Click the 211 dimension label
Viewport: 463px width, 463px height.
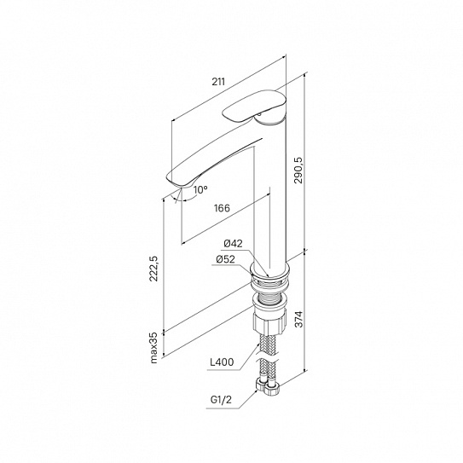click(218, 82)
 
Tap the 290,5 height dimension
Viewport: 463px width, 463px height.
click(298, 170)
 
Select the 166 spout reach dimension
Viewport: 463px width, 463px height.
click(222, 208)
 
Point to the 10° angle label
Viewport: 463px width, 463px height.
click(200, 190)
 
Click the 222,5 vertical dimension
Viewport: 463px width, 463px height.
click(154, 269)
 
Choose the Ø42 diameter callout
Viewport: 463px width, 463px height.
click(234, 243)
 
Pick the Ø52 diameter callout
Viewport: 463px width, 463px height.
click(226, 259)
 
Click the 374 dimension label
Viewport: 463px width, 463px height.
click(298, 319)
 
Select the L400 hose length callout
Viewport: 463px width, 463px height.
click(222, 362)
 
